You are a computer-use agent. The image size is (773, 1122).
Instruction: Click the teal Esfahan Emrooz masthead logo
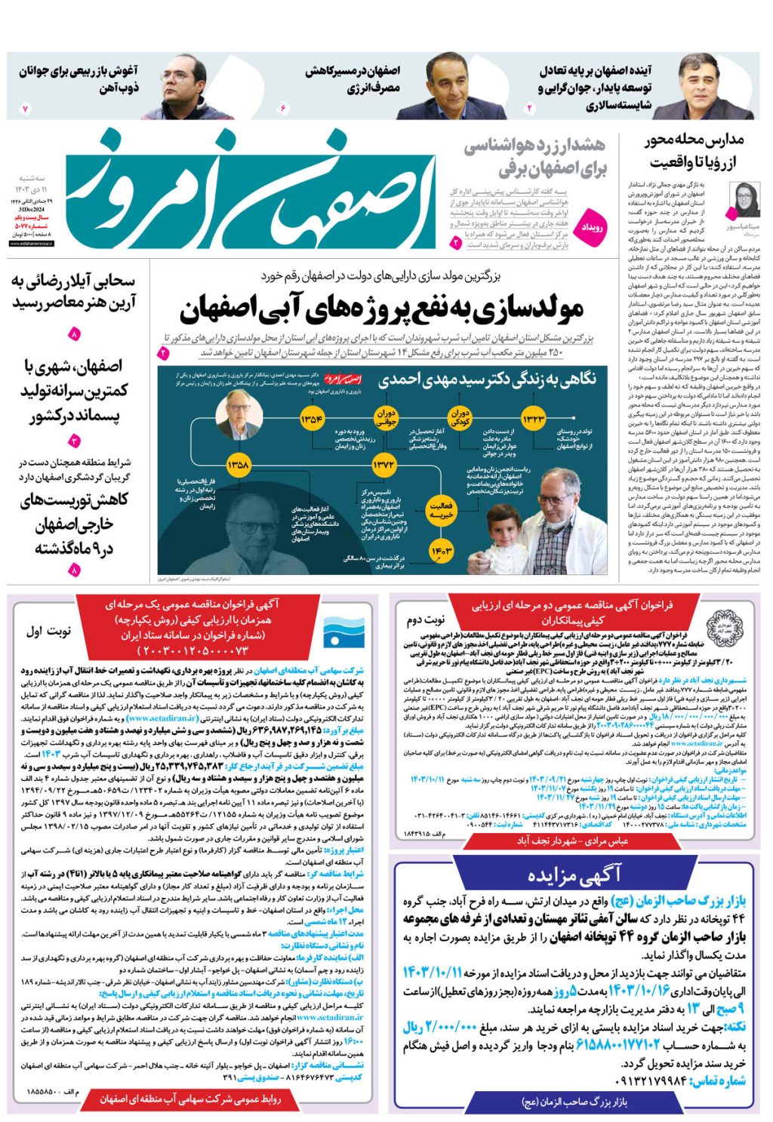[249, 192]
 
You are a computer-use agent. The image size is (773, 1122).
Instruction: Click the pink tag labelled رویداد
[592, 227]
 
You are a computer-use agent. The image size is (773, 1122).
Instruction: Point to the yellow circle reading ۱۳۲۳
[533, 420]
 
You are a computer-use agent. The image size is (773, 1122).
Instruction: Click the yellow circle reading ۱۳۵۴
[312, 420]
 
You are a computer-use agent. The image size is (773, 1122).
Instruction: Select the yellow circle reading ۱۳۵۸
[238, 466]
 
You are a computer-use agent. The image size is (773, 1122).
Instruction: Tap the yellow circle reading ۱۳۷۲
[383, 466]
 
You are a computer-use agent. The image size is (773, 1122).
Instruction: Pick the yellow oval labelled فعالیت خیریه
[440, 509]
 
